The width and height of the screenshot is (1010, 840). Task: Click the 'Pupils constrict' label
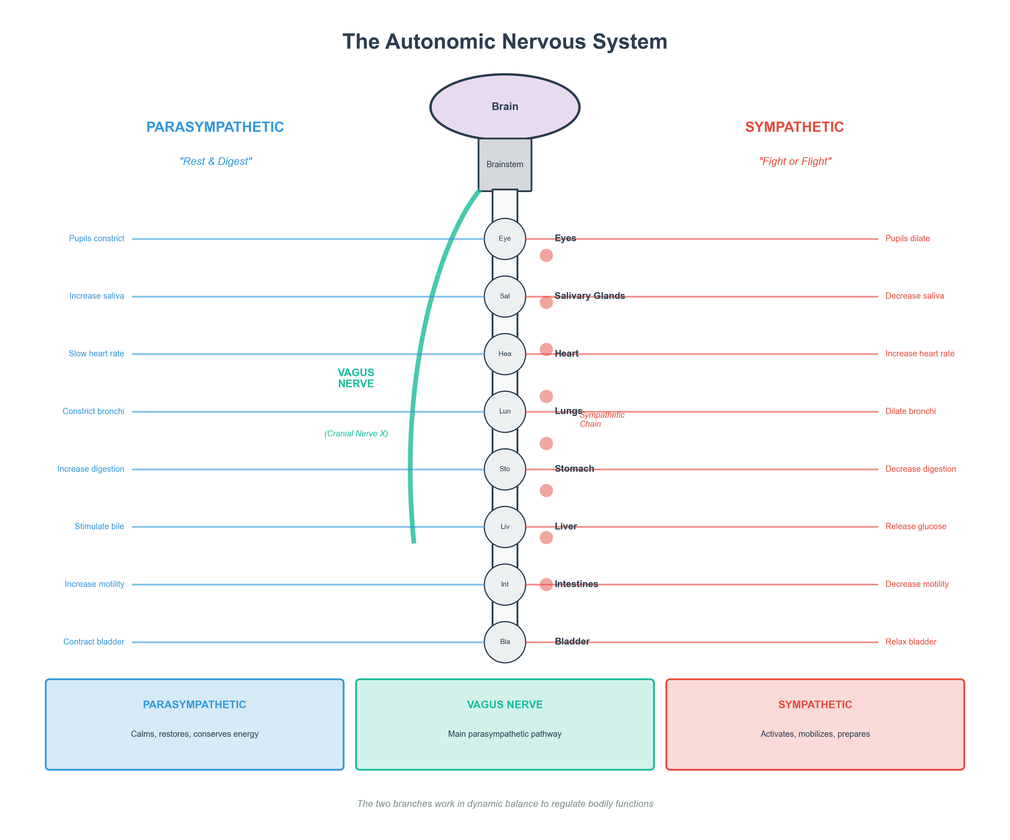coord(97,238)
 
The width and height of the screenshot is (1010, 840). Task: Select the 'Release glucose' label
coord(916,527)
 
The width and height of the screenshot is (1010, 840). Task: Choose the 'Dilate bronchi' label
coord(910,412)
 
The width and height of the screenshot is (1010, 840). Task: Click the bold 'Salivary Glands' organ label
coord(590,296)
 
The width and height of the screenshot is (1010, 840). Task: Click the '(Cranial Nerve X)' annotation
coord(356,434)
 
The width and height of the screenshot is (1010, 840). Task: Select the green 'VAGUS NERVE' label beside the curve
coord(356,378)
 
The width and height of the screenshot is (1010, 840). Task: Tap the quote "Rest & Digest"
coord(216,161)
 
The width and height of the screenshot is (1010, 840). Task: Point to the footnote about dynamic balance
coord(505,804)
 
